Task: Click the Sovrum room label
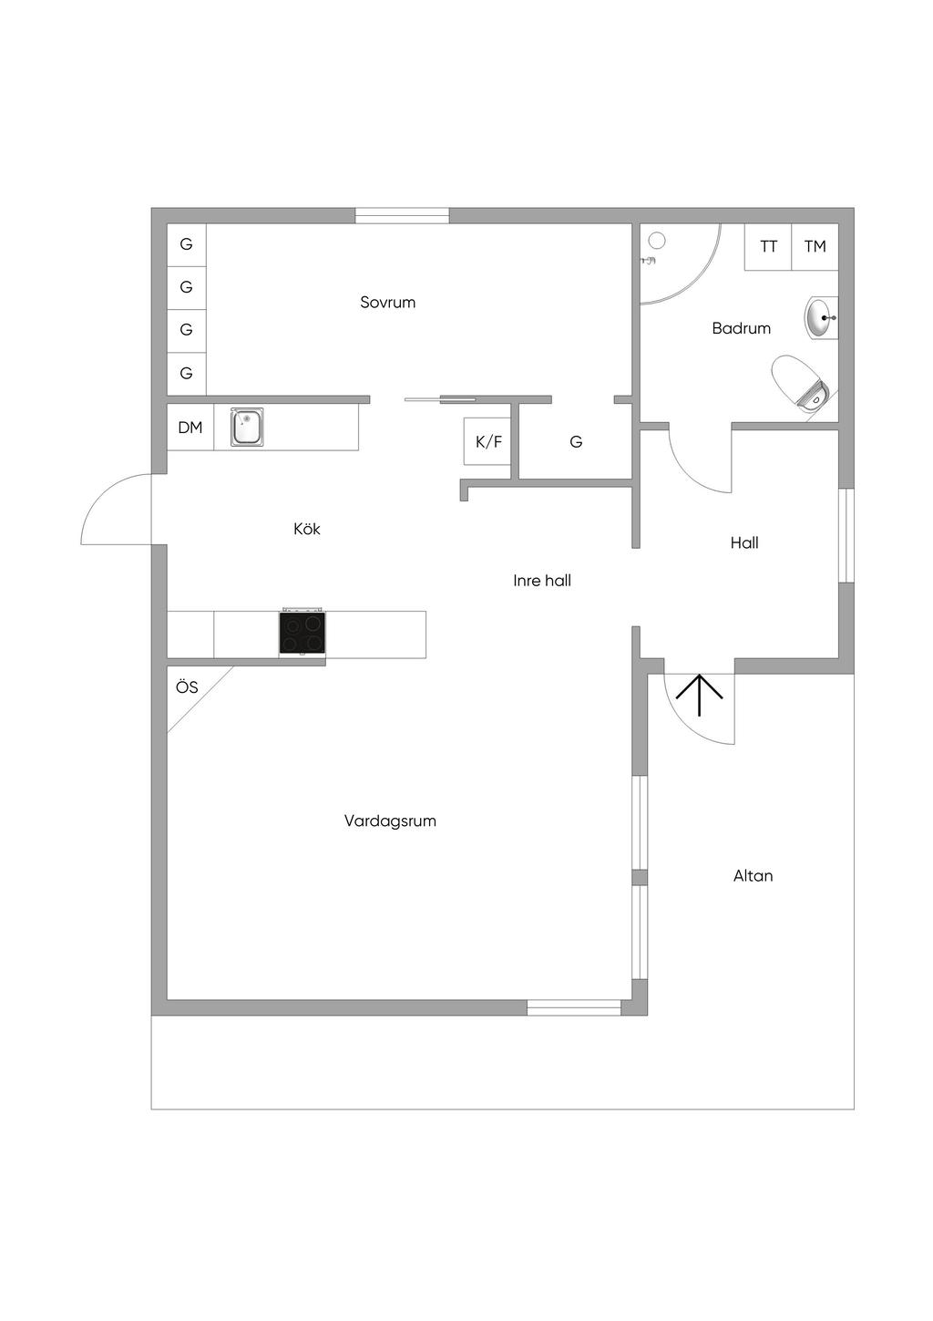(387, 303)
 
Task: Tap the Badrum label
(741, 328)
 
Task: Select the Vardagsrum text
(390, 820)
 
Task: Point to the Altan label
(753, 876)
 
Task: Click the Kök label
(307, 529)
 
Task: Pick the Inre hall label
(542, 581)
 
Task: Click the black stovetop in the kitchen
(302, 632)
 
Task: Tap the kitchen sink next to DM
(246, 427)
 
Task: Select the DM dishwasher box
(190, 427)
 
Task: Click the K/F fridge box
(488, 442)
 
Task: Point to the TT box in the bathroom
(768, 246)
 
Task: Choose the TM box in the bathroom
(815, 246)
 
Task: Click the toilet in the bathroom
(799, 385)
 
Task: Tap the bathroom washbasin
(820, 318)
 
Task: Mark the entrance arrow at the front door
(699, 695)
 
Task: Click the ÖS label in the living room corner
(187, 687)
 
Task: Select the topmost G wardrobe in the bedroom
(186, 244)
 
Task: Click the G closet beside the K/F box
(576, 442)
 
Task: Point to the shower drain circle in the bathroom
(657, 241)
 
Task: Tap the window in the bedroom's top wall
(402, 216)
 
